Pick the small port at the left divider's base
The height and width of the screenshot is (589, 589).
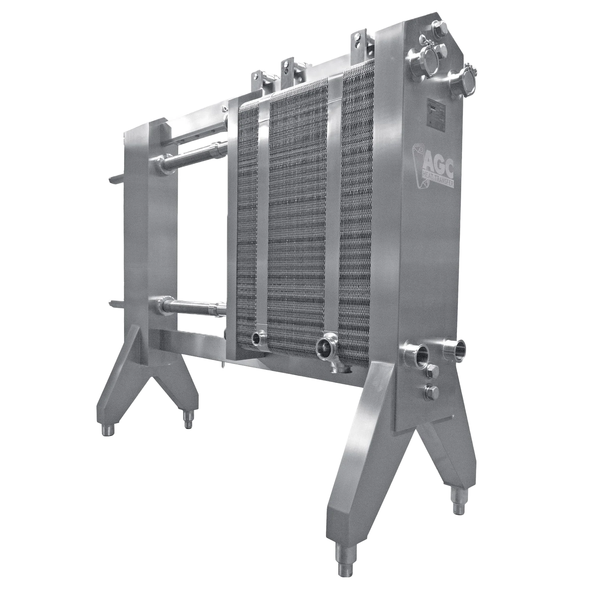[256, 338]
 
